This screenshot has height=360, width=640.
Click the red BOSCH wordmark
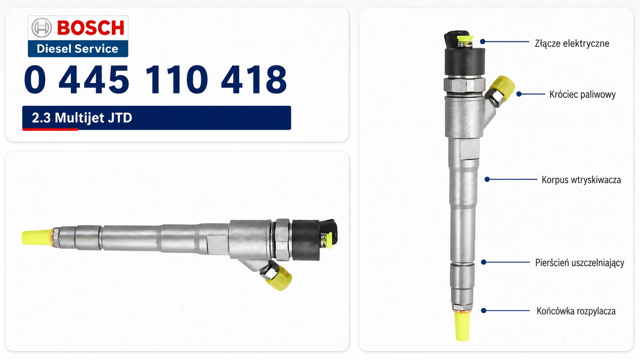click(91, 28)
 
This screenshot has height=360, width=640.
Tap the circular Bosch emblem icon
click(42, 28)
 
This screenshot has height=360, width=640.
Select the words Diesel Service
click(77, 49)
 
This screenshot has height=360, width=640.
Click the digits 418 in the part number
click(254, 79)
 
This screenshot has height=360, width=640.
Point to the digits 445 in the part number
click(94, 79)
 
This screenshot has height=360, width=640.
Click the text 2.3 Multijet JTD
click(82, 117)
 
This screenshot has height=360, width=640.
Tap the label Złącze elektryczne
click(572, 44)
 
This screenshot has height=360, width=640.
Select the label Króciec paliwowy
click(582, 94)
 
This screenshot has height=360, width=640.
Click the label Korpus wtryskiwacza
click(581, 180)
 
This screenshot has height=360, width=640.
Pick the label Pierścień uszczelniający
click(580, 263)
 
